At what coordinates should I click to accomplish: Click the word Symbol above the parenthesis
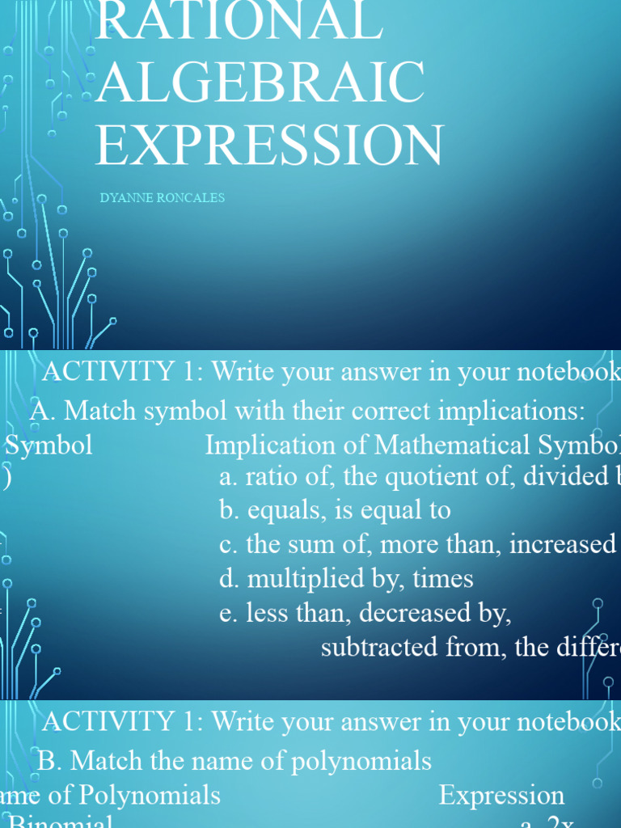click(49, 446)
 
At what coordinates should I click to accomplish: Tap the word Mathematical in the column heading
click(463, 446)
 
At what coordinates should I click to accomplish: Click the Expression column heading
click(501, 796)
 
